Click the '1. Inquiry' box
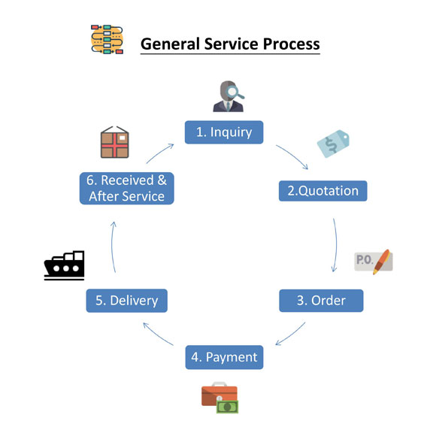coord(224,132)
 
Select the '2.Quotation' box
coord(322,191)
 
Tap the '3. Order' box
coord(321,301)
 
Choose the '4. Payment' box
coord(224,357)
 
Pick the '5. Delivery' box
coord(127,301)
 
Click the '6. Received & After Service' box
coord(127,188)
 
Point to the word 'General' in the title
coord(170,44)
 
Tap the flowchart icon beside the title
coord(107,39)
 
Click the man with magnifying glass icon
coord(229,96)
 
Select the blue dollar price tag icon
coord(333,144)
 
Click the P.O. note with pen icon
coord(374,262)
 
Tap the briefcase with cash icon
coord(220,398)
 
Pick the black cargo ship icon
coord(64,265)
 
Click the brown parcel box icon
coord(114,142)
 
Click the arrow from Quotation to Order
coord(335,245)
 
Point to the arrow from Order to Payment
coord(292,335)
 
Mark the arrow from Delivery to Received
coord(112,246)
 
